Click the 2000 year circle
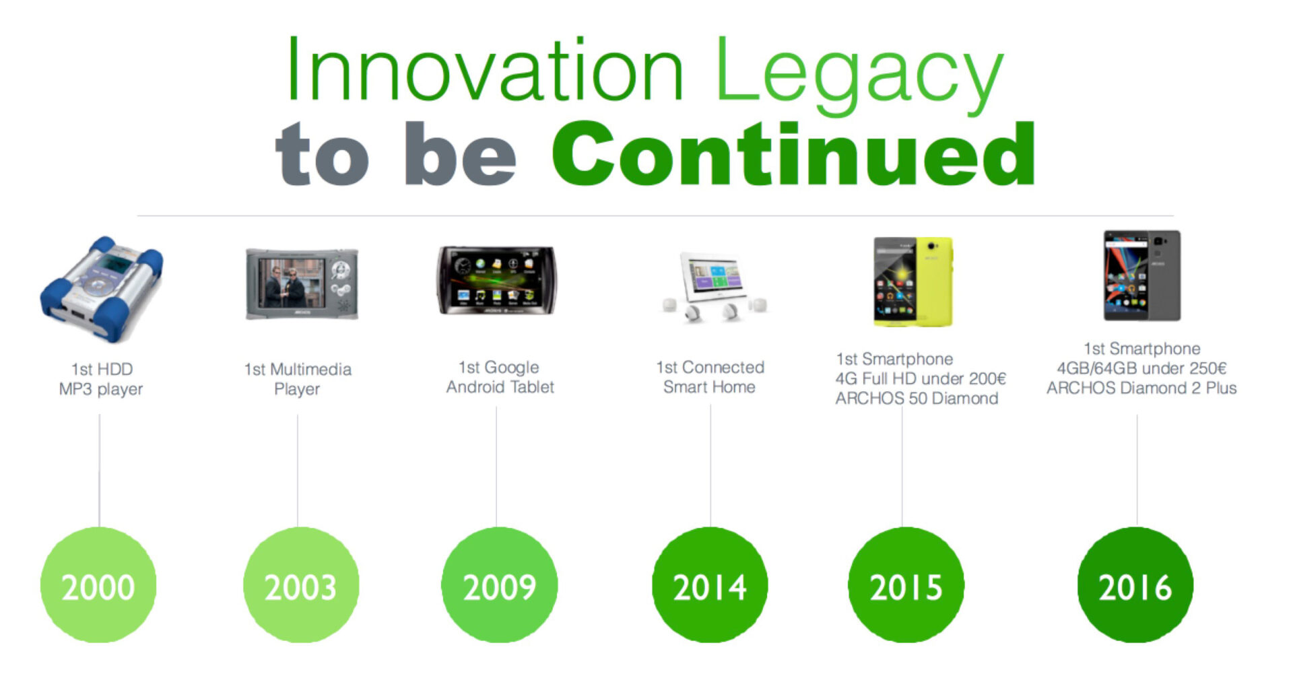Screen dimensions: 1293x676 point(98,584)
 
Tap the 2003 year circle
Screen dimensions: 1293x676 point(301,584)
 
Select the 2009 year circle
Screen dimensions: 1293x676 point(499,584)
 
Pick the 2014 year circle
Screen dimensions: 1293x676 point(710,584)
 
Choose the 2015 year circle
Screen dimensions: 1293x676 point(906,584)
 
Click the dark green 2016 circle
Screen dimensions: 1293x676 point(1135,584)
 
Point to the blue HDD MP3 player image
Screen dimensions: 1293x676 point(101,288)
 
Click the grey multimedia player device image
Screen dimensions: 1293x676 point(302,283)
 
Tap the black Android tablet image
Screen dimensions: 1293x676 point(497,280)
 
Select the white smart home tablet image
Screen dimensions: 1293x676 point(714,286)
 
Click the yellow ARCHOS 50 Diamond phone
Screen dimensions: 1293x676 point(913,281)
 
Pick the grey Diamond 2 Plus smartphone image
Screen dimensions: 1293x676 point(1142,275)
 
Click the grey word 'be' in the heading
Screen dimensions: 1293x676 point(461,154)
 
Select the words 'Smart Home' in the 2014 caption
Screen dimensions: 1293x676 point(709,387)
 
